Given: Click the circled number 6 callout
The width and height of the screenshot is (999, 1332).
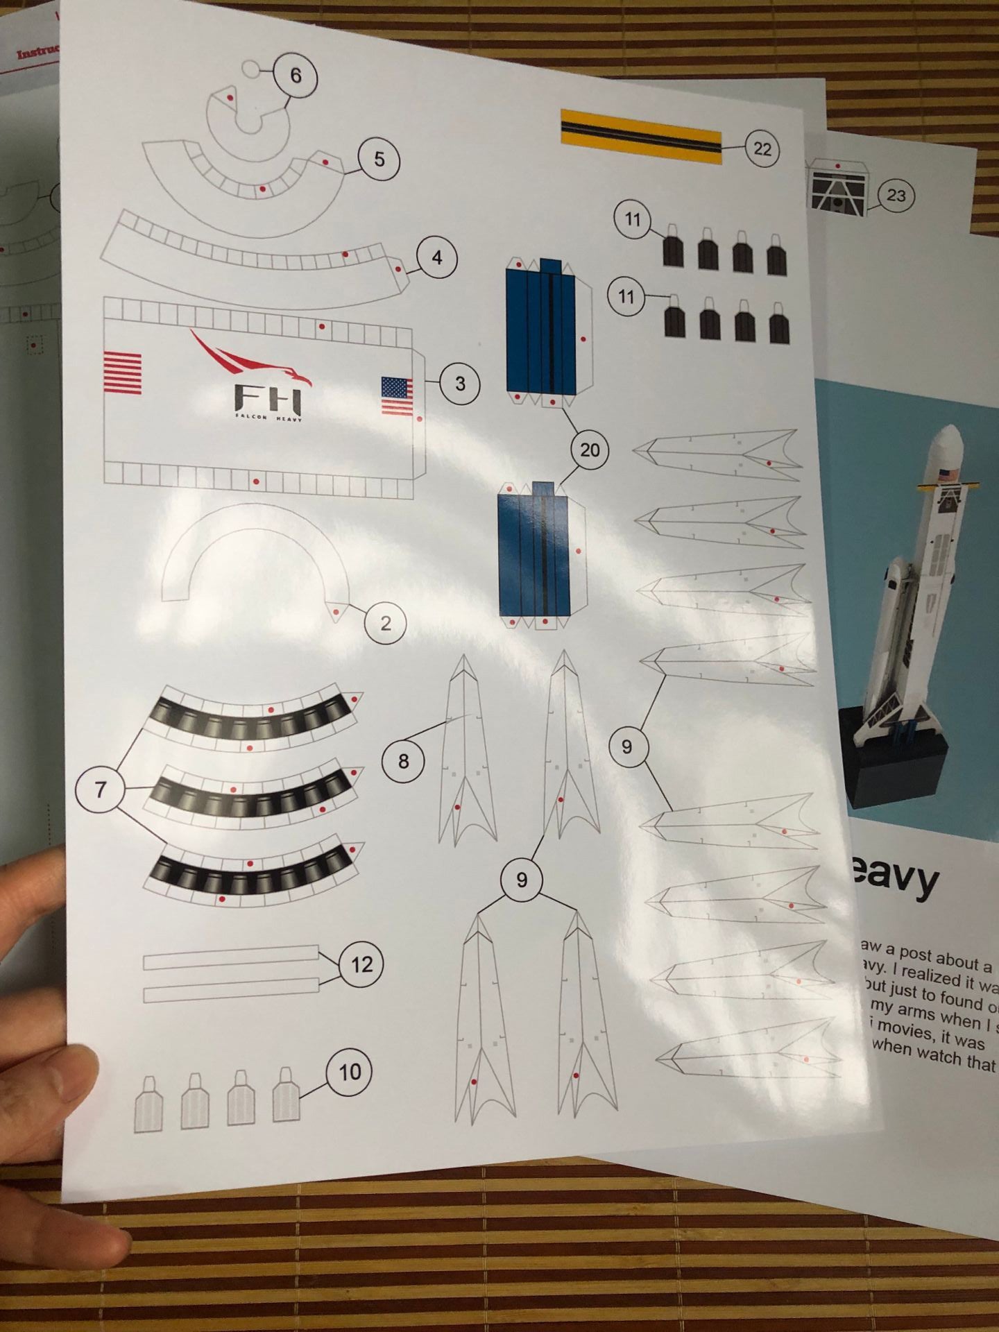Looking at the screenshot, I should click(296, 75).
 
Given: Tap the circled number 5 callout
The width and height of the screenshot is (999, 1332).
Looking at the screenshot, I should click(379, 159).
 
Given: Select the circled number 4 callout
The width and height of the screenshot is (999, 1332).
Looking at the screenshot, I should click(436, 257).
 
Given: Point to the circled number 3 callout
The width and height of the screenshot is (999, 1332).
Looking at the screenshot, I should click(460, 383).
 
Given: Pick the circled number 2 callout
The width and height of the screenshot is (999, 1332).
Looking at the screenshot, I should click(386, 623).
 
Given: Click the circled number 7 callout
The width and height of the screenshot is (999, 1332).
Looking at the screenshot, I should click(101, 789).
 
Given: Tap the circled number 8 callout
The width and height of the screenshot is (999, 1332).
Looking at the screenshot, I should click(403, 762).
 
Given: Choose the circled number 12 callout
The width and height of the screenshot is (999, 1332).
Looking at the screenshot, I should click(361, 964).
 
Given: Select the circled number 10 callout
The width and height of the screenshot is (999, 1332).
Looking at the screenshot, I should click(349, 1072).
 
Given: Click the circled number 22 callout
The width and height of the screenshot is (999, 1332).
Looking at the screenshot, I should click(762, 149).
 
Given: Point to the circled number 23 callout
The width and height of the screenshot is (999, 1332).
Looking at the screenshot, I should click(896, 196).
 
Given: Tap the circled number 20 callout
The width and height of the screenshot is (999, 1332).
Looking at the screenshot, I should click(589, 450).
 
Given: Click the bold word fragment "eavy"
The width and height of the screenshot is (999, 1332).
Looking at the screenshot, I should click(894, 880).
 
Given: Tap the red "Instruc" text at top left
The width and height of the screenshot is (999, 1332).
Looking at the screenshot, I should click(38, 52).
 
